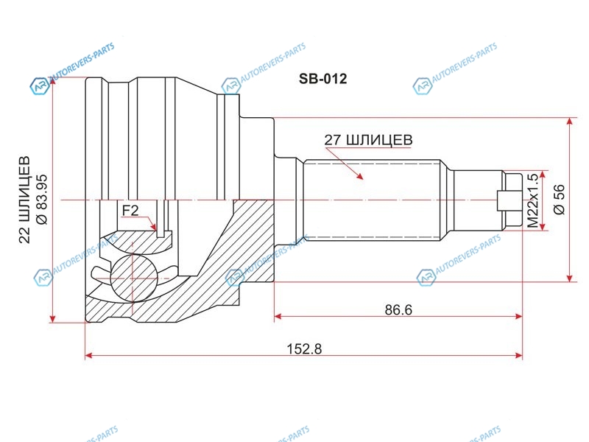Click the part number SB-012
(322, 79)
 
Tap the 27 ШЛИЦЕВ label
(368, 140)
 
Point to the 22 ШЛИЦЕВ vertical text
(24, 200)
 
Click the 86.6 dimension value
(398, 309)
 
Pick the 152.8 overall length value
(304, 349)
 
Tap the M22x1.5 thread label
(532, 200)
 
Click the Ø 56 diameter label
(560, 200)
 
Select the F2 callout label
(130, 211)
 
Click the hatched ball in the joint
(133, 278)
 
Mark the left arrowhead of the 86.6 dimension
(278, 317)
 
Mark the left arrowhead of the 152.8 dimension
(89, 355)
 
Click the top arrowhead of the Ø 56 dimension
(570, 122)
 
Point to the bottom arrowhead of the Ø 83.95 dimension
(52, 318)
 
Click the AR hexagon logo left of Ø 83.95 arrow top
(40, 86)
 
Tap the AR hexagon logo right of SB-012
(423, 86)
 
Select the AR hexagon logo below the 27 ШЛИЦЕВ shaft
(426, 278)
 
